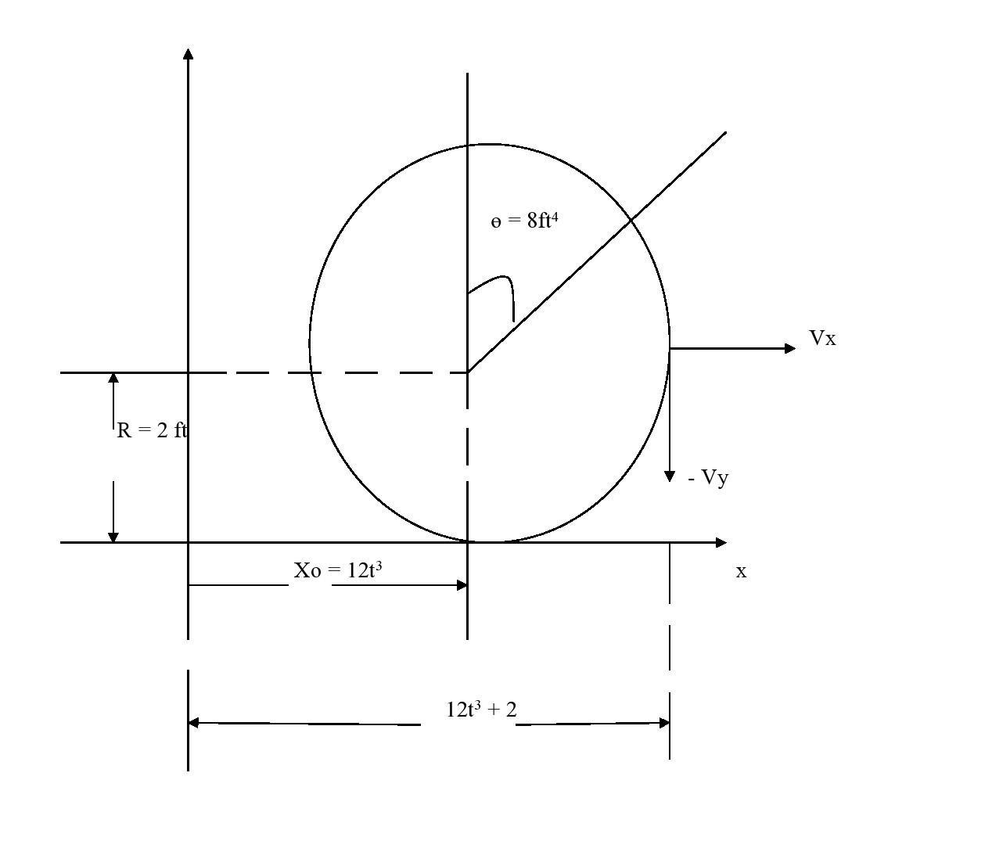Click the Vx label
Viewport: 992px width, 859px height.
822,338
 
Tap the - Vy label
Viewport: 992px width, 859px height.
708,478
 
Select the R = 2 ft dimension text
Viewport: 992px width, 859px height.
152,430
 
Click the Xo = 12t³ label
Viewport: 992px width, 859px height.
338,570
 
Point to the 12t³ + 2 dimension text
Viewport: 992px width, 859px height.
481,710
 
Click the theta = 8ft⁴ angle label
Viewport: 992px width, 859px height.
524,221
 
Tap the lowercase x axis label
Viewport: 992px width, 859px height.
741,572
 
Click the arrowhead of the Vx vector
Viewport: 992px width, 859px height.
790,348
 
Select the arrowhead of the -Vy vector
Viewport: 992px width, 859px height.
670,476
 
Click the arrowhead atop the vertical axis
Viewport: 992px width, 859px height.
188,53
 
